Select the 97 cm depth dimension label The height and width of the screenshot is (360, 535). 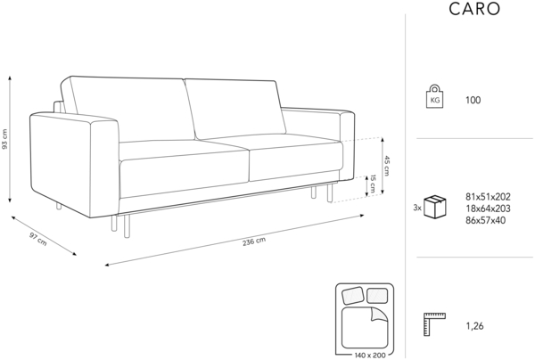click(x=37, y=239)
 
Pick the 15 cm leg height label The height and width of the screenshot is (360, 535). click(x=374, y=185)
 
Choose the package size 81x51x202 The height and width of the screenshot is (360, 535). click(x=488, y=196)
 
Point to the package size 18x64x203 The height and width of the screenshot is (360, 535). click(x=488, y=208)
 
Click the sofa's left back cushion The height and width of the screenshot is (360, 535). click(x=127, y=110)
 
